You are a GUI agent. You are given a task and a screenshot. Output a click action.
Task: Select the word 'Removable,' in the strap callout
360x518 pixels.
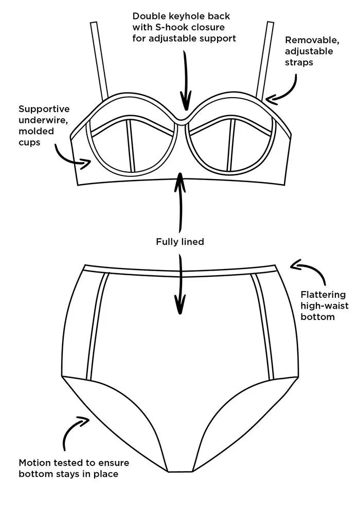309,40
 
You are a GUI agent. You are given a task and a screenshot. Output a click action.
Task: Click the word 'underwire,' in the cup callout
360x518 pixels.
39,120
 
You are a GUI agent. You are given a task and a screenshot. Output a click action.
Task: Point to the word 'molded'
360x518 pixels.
34,131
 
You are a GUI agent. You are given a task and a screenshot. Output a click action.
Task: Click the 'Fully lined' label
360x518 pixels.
180,241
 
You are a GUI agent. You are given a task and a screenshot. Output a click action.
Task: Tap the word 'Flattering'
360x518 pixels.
323,294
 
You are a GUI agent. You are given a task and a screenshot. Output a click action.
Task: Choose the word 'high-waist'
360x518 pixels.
325,306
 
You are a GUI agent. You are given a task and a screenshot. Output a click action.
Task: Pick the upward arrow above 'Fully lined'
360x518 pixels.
180,203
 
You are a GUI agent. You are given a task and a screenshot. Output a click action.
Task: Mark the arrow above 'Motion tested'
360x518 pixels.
74,432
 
